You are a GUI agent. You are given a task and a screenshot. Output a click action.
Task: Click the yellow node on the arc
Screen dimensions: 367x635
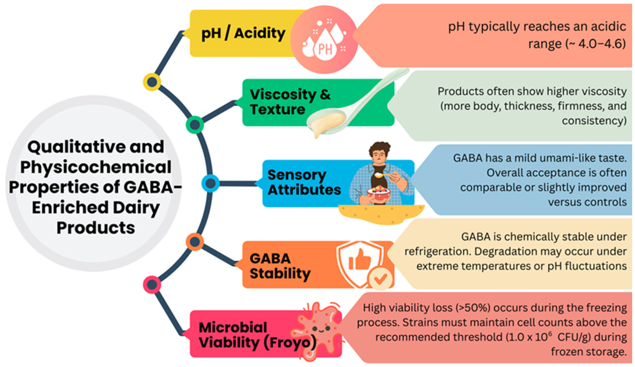152,82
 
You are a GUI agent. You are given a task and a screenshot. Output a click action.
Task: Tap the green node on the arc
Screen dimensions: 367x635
195,124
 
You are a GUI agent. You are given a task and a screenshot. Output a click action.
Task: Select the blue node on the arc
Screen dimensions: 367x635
210,183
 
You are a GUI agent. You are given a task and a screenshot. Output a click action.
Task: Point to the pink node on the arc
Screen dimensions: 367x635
152,285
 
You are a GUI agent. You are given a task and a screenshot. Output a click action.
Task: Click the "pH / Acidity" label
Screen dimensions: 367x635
243,33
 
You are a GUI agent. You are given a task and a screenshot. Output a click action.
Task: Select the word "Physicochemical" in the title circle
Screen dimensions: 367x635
96,167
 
